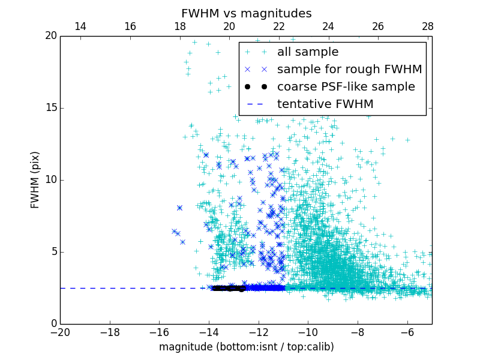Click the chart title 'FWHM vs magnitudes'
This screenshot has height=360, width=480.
pyautogui.click(x=246, y=13)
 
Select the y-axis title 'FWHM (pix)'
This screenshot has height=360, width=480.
pyautogui.click(x=35, y=180)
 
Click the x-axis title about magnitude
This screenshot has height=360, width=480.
pyautogui.click(x=246, y=347)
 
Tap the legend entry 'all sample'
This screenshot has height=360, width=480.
pyautogui.click(x=307, y=52)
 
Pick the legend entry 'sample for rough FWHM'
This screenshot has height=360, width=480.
pyautogui.click(x=349, y=70)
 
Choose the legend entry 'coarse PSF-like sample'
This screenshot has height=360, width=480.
pyautogui.click(x=346, y=87)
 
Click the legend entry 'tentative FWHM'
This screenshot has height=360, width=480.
pyautogui.click(x=325, y=104)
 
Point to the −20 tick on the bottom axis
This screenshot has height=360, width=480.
pyautogui.click(x=60, y=332)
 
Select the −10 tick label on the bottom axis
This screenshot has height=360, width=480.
pyautogui.click(x=308, y=332)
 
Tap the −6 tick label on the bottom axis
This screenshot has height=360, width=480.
pyautogui.click(x=407, y=332)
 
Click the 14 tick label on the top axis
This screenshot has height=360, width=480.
pyautogui.click(x=80, y=26)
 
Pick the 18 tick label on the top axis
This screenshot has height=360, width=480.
pyautogui.click(x=179, y=26)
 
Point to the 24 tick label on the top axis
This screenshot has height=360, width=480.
pyautogui.click(x=328, y=26)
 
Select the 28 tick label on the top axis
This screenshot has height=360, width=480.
pyautogui.click(x=427, y=26)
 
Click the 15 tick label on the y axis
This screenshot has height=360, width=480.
pyautogui.click(x=50, y=108)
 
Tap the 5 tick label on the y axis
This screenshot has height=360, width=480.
pyautogui.click(x=53, y=252)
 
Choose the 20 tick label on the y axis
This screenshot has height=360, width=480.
pyautogui.click(x=50, y=36)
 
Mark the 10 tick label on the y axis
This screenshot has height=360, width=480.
pyautogui.click(x=50, y=180)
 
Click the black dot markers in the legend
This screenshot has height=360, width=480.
pyautogui.click(x=256, y=87)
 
